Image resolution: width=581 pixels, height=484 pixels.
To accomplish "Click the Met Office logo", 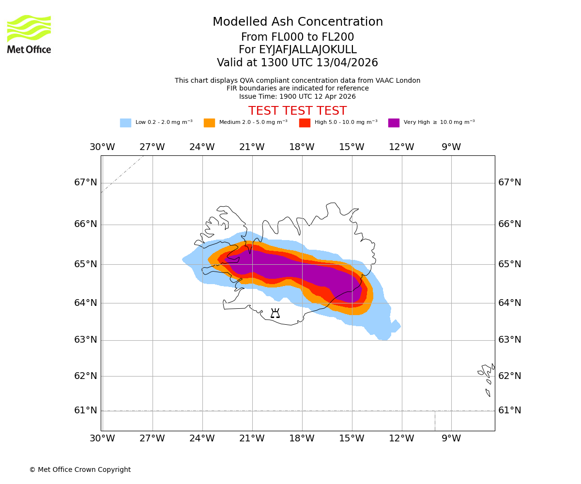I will [29, 34].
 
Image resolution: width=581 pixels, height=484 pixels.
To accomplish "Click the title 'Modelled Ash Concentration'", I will [297, 22].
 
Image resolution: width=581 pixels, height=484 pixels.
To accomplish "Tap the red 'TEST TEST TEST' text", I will [297, 111].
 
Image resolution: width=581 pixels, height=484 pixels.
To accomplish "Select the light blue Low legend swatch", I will [125, 123].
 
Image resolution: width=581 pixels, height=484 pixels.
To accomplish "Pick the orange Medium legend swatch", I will [209, 123].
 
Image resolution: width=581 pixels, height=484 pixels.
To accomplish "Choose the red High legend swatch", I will [305, 123].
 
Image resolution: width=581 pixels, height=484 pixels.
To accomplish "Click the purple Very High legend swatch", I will [394, 123].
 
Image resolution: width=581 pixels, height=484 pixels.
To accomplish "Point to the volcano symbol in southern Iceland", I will [275, 314].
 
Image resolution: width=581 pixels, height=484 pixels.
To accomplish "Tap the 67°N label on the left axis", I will [86, 182].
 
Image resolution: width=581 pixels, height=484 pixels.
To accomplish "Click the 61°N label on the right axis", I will [510, 410].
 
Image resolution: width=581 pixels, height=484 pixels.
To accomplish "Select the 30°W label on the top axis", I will [102, 147].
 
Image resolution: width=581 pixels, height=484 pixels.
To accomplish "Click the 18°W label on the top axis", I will [302, 147].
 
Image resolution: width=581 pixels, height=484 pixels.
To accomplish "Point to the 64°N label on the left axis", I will [86, 303].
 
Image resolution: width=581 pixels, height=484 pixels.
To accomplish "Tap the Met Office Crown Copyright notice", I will [80, 469].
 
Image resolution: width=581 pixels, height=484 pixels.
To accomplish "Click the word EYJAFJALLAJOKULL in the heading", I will [308, 50].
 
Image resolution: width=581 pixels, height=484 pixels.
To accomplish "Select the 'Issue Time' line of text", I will [297, 96].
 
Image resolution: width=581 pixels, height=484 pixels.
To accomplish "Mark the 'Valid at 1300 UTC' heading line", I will [297, 63].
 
